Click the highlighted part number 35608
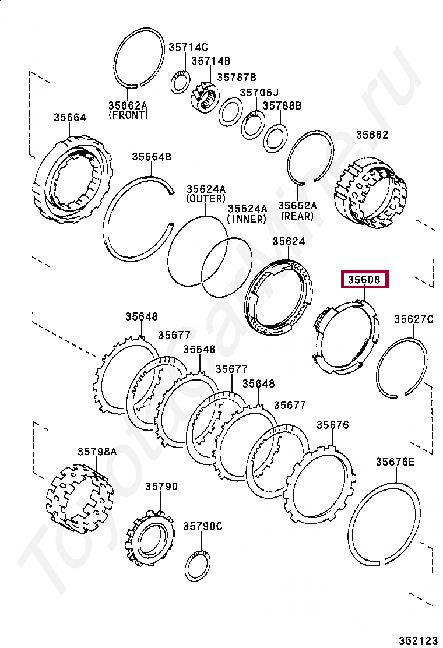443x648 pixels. [x=364, y=280]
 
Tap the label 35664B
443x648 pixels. [x=151, y=156]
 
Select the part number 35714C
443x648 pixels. [x=188, y=48]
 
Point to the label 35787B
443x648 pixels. [x=237, y=77]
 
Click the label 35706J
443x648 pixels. [x=259, y=92]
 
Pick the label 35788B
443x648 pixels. [x=282, y=105]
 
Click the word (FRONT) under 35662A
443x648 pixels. [x=128, y=115]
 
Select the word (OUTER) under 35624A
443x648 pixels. [x=206, y=199]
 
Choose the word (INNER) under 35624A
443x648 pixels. [x=247, y=219]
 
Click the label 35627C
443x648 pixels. [x=414, y=319]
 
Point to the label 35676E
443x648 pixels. [x=395, y=462]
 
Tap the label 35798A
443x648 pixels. [x=97, y=451]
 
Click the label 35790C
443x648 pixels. [x=203, y=526]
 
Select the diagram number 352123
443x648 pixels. [x=417, y=640]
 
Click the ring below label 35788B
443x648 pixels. [x=275, y=138]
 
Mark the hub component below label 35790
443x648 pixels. [x=150, y=537]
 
